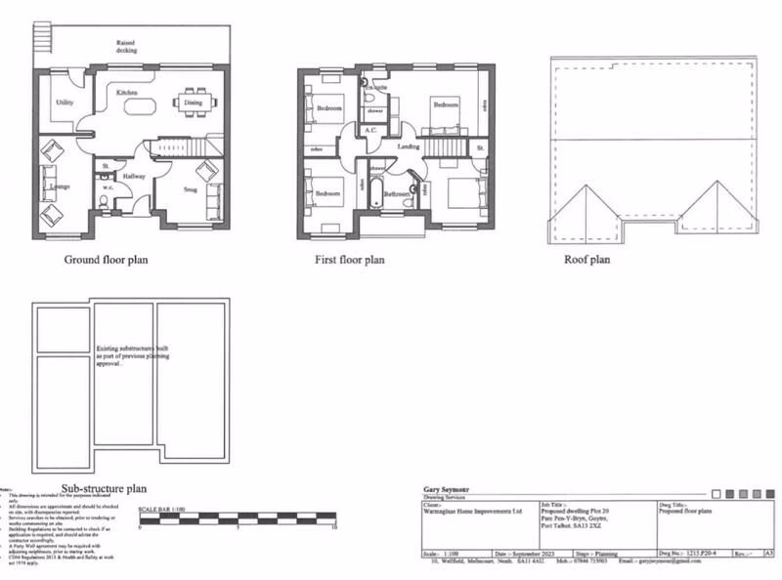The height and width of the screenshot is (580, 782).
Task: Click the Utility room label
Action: click(65, 102)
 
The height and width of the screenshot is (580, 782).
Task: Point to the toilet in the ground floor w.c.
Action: click(105, 202)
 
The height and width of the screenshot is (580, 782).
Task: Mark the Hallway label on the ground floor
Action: click(134, 176)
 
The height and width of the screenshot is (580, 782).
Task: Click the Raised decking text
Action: click(126, 46)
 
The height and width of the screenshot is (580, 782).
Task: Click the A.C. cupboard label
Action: click(370, 130)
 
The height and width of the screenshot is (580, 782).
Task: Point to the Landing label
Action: click(409, 146)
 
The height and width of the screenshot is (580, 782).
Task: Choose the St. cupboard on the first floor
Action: click(480, 147)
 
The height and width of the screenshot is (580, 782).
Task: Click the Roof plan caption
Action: click(586, 260)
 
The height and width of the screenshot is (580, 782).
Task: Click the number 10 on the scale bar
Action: click(334, 528)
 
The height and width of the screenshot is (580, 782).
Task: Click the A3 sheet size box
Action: click(768, 553)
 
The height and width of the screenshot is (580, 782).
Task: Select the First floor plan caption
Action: click(349, 260)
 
